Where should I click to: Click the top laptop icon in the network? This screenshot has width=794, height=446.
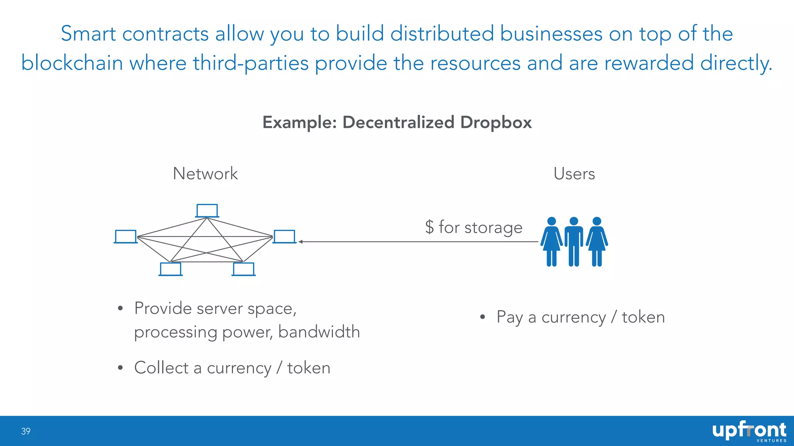pyautogui.click(x=207, y=211)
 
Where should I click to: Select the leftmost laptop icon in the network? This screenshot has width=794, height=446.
pyautogui.click(x=126, y=237)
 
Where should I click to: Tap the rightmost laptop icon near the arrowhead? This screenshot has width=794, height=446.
pyautogui.click(x=285, y=237)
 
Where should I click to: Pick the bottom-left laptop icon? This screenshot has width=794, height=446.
pyautogui.click(x=171, y=269)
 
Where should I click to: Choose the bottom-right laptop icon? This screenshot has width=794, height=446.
pyautogui.click(x=243, y=269)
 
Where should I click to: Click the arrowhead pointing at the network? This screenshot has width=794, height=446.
pyautogui.click(x=301, y=242)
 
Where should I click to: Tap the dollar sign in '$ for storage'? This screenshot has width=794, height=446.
pyautogui.click(x=429, y=227)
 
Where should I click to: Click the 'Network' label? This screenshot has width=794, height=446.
pyautogui.click(x=205, y=173)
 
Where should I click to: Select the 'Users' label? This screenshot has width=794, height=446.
pyautogui.click(x=574, y=173)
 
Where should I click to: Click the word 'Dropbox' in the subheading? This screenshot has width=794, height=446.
pyautogui.click(x=496, y=122)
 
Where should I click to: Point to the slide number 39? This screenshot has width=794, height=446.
pyautogui.click(x=26, y=431)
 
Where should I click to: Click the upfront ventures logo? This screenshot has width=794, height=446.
pyautogui.click(x=749, y=431)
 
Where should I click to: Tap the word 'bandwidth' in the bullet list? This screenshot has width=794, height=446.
pyautogui.click(x=319, y=332)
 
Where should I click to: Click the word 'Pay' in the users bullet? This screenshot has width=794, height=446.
pyautogui.click(x=509, y=317)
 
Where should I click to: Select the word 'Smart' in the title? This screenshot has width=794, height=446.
pyautogui.click(x=88, y=34)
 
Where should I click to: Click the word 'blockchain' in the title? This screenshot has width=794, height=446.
pyautogui.click(x=72, y=63)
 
